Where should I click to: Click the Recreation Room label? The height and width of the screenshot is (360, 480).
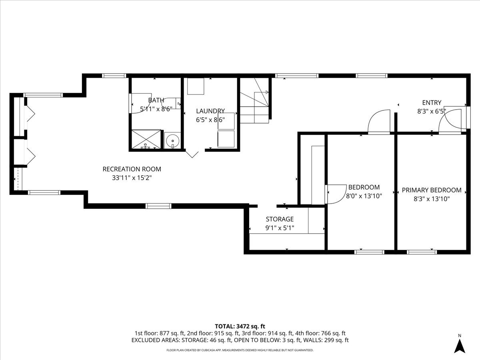132,169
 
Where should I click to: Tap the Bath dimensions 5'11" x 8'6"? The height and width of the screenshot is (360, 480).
155,108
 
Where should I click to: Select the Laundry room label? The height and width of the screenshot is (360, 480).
210,111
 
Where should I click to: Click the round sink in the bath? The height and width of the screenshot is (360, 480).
172,141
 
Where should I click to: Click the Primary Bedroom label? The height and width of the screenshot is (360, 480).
431,190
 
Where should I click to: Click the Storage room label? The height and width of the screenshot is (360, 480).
280,219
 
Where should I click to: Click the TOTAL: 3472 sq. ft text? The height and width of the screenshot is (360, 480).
240,326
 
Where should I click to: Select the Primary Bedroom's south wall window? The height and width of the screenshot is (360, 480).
422,252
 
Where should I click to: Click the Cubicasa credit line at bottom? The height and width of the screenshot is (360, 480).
240,350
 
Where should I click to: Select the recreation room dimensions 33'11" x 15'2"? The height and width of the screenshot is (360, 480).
132,178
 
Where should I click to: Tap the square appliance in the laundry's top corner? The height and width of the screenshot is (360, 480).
196,86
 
